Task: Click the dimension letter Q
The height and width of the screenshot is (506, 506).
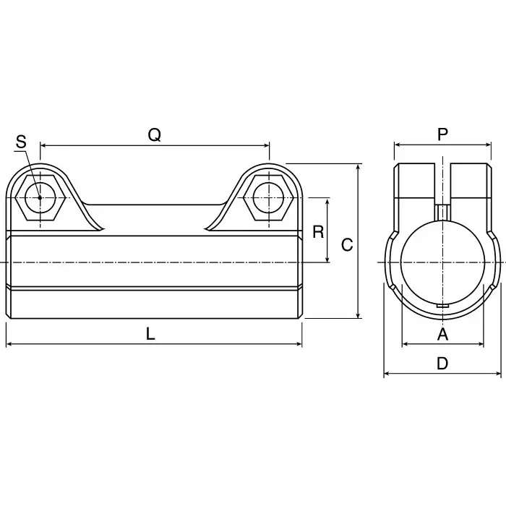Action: pos(154,134)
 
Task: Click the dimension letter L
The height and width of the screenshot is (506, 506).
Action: pos(150,333)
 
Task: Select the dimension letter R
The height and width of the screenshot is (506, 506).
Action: pos(317,231)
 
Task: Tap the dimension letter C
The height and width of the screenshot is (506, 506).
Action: pos(347,245)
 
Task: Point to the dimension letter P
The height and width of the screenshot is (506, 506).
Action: pos(442,134)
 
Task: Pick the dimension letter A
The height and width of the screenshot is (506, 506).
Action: pos(442,333)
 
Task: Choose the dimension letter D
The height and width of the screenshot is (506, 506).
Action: pos(442,364)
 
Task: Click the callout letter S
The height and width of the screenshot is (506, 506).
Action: pos(21,142)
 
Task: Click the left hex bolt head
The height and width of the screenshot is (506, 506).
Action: pos(40,197)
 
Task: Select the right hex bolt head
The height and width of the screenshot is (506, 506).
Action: pos(269,197)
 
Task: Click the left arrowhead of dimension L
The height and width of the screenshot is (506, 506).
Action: pos(9,344)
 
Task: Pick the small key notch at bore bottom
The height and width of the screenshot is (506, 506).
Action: pos(442,305)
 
